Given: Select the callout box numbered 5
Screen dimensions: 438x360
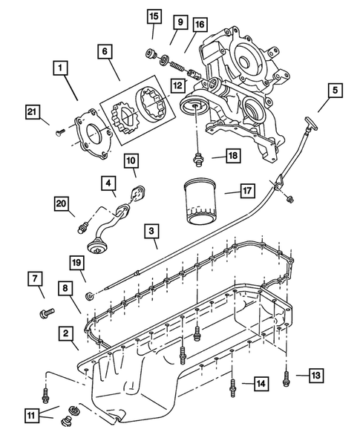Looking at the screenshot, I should tap(335, 91).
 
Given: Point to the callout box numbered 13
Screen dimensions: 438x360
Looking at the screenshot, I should tap(315, 376).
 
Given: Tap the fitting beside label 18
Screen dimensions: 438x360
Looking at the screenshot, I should tap(198, 157).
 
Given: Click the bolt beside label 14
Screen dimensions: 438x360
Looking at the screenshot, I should tap(233, 385).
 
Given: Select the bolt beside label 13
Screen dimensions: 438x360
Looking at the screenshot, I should tap(287, 380).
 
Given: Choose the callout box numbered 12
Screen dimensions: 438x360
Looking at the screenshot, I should tap(177, 86).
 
